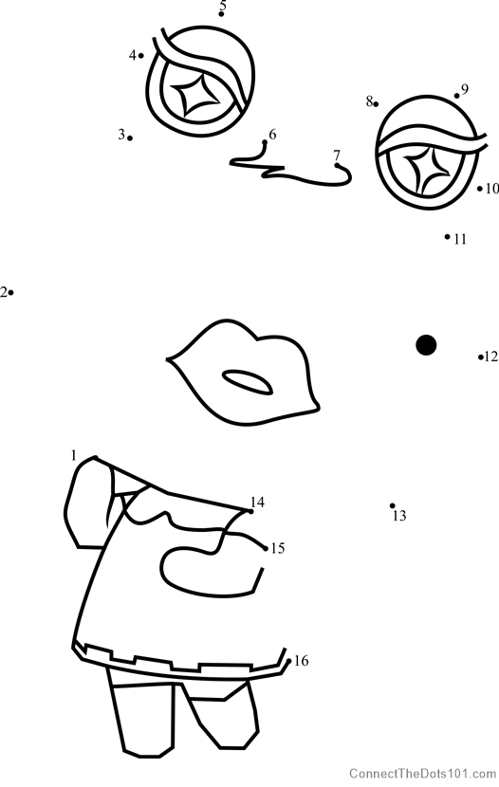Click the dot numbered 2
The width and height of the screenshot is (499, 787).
coord(10,292)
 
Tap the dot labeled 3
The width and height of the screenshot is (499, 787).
coord(130,138)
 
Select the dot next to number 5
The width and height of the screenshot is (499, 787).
coord(221,14)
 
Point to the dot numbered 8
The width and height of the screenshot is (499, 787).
coord(376,104)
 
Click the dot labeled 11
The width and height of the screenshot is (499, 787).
coord(447,236)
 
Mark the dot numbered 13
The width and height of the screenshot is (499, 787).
coord(393,506)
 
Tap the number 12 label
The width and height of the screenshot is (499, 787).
coord(491,357)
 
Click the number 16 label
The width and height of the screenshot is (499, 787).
coord(302,661)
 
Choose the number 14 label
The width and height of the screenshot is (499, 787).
coord(257,502)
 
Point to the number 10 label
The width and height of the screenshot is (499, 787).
coord(492,189)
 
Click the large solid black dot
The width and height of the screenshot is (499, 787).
coord(426,345)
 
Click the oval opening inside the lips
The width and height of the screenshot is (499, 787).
coord(248,382)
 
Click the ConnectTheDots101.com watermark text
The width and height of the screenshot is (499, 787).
coord(423,773)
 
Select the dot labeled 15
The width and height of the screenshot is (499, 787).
coord(266,549)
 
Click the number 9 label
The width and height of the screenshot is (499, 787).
coord(465,89)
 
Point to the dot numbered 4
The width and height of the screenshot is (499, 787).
coord(141,56)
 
